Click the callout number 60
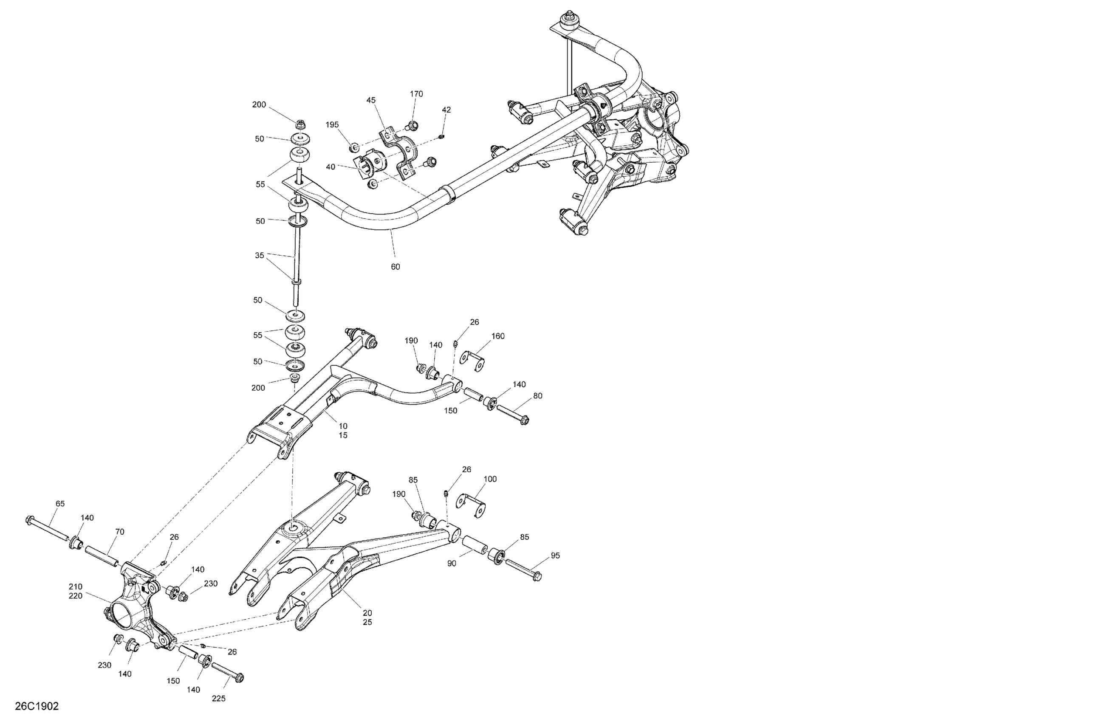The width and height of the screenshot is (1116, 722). tap(395, 267)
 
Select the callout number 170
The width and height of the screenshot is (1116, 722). tap(416, 94)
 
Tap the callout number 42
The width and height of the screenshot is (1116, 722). tap(446, 110)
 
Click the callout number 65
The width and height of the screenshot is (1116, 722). tap(60, 504)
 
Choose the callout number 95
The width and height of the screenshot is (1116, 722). tap(555, 556)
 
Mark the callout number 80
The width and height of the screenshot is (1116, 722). tap(538, 396)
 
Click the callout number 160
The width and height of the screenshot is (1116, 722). tap(498, 336)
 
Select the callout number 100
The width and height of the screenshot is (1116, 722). tap(490, 479)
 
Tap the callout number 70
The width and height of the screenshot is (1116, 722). tap(119, 532)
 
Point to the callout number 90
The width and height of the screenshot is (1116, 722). tap(452, 564)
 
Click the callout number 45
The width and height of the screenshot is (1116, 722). tap(371, 100)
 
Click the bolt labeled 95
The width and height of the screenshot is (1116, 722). tap(523, 569)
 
